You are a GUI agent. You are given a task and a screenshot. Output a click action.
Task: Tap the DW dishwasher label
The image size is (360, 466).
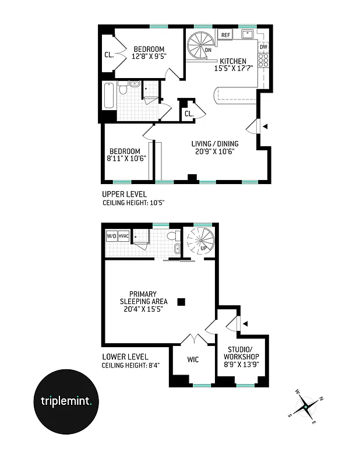[263, 47]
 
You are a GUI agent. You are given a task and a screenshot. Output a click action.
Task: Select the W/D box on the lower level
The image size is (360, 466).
[111, 236]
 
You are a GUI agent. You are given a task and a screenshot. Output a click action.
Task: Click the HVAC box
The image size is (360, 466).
[123, 236]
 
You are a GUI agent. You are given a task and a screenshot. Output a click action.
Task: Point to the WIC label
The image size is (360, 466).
[193, 359]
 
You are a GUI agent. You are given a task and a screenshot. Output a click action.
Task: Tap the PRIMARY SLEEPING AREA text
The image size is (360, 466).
[143, 301]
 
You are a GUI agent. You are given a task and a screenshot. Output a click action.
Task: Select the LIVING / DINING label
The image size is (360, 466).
[214, 148]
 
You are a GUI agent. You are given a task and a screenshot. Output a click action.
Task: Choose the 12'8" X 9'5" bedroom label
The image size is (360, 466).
[149, 53]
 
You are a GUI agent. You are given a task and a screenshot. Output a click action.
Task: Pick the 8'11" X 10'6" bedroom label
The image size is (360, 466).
[126, 155]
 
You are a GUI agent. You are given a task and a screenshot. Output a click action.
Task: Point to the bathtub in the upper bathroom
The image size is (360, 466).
[108, 96]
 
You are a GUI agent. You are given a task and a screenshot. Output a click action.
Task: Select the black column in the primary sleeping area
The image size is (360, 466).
[181, 301]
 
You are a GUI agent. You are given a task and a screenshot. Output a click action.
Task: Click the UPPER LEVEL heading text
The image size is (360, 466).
[124, 195]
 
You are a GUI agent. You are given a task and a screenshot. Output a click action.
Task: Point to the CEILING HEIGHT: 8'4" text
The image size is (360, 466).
[130, 366]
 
